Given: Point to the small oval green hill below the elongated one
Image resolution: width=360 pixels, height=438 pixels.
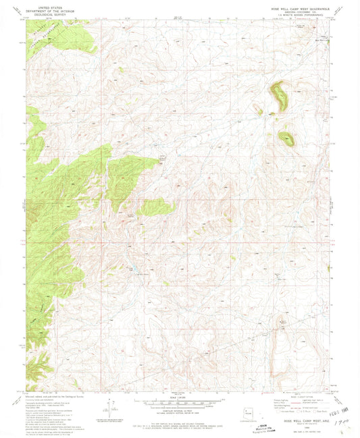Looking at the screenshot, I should pos(286,139).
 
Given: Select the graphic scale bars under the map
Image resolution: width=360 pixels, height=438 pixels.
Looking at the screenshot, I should pos(178,401).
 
